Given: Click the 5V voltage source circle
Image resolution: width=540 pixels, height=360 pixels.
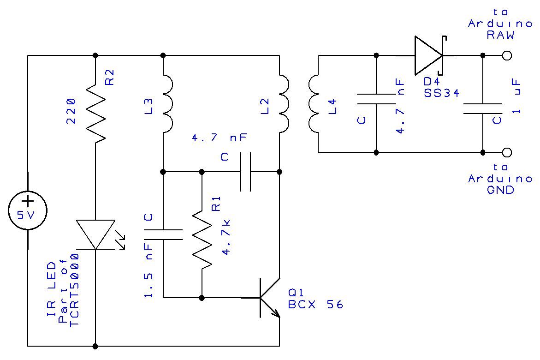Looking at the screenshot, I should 28,210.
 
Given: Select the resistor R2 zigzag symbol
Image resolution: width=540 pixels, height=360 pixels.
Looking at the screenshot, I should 95,113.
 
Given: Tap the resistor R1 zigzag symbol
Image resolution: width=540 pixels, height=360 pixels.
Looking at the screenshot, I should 202,238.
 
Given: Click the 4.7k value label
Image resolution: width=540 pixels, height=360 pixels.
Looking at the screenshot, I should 226,238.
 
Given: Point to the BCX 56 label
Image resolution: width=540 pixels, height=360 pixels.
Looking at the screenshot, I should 316,305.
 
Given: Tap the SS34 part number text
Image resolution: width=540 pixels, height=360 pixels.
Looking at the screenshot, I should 441,93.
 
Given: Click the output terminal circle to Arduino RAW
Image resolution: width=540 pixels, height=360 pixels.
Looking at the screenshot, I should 507,55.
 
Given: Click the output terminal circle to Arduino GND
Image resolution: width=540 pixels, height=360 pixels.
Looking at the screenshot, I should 507,152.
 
